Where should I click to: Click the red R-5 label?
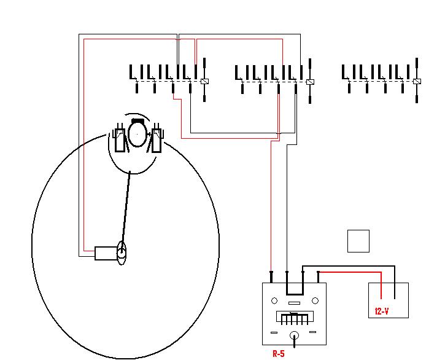(x=278, y=353)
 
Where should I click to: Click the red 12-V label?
(x=382, y=311)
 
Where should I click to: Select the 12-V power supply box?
(x=388, y=300)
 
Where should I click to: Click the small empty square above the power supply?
(x=358, y=241)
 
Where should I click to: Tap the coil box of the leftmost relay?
(x=205, y=82)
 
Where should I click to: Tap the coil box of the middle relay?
(x=310, y=82)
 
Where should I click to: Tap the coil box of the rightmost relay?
(x=417, y=82)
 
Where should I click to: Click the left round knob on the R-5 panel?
(x=274, y=301)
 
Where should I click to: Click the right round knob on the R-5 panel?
(x=315, y=301)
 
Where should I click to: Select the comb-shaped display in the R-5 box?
(x=295, y=318)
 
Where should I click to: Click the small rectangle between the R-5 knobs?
(x=295, y=303)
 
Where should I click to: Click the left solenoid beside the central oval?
(x=118, y=138)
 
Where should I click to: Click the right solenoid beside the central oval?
(x=157, y=138)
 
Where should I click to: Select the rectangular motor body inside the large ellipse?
(x=106, y=252)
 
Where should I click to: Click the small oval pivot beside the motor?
(x=122, y=252)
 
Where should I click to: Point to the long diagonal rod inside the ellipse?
(x=126, y=209)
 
